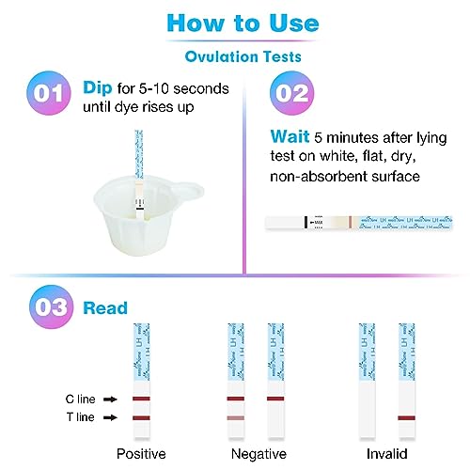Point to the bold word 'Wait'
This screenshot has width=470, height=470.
pos(290,134)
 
